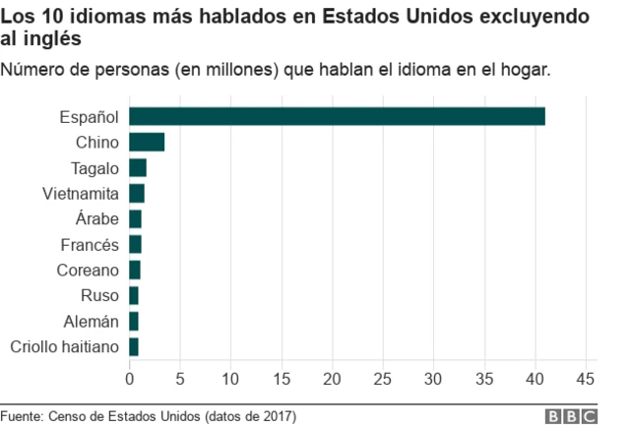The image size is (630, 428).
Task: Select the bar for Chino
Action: pyautogui.click(x=147, y=142)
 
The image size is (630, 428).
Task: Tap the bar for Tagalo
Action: pyautogui.click(x=138, y=167)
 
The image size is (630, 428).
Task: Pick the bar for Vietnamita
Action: pyautogui.click(x=137, y=193)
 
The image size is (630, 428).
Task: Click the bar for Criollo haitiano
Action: pyautogui.click(x=134, y=346)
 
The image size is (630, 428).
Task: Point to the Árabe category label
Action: pyautogui.click(x=96, y=218)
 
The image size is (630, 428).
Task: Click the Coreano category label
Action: pyautogui.click(x=88, y=270)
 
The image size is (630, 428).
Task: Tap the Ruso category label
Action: pyautogui.click(x=99, y=295)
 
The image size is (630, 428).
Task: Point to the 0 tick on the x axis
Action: pyautogui.click(x=130, y=378)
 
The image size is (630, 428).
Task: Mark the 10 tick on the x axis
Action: pyautogui.click(x=231, y=378)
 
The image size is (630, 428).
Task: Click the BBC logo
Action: pyautogui.click(x=574, y=415)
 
